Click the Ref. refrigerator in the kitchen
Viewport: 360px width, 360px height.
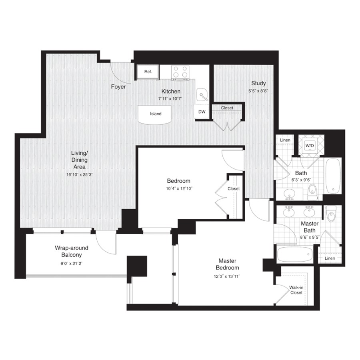click(148, 72)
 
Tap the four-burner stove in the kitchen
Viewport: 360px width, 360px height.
click(180, 72)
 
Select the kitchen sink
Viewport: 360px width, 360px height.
click(202, 94)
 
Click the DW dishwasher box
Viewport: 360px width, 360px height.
click(202, 112)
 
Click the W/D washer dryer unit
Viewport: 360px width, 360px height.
click(310, 145)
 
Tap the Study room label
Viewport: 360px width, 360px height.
click(258, 83)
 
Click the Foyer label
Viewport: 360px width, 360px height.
click(118, 87)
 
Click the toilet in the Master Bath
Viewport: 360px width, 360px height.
click(331, 214)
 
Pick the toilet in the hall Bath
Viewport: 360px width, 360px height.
click(312, 192)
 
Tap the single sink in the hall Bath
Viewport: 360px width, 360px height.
click(290, 193)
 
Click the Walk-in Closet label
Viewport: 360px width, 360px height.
click(296, 290)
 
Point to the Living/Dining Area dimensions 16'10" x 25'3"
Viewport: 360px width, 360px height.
click(80, 175)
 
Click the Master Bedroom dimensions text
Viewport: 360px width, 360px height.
click(227, 276)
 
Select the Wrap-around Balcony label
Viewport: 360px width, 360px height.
click(72, 252)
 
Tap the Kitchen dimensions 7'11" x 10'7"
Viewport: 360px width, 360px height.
click(170, 99)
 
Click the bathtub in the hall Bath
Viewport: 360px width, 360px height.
click(332, 176)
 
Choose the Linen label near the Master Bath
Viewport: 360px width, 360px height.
click(330, 258)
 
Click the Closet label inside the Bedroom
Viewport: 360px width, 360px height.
click(234, 189)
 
